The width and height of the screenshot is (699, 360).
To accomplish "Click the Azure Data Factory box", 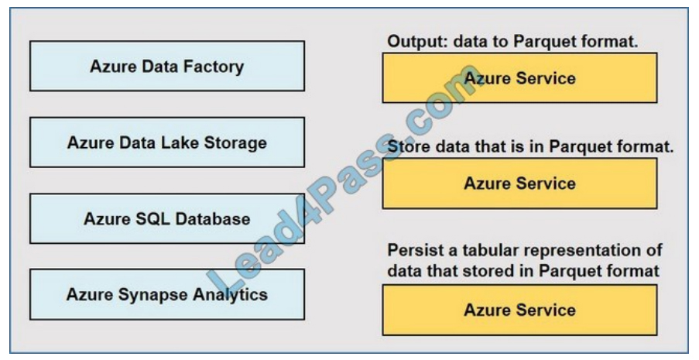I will point(166,67).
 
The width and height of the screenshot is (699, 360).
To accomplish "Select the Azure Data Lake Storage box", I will point(166,142).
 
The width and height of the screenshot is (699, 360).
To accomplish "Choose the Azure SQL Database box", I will point(166,218).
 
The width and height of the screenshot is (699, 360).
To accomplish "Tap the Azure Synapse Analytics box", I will point(166,294).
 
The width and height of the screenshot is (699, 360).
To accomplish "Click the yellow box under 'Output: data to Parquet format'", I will point(519,78).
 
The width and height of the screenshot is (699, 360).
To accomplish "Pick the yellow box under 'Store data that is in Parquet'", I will point(519,183).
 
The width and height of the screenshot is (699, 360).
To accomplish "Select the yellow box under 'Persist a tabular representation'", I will point(519,310).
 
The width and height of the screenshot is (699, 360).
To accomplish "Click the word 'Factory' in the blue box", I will point(214,67).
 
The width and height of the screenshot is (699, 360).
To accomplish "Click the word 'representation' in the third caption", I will point(577,252).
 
